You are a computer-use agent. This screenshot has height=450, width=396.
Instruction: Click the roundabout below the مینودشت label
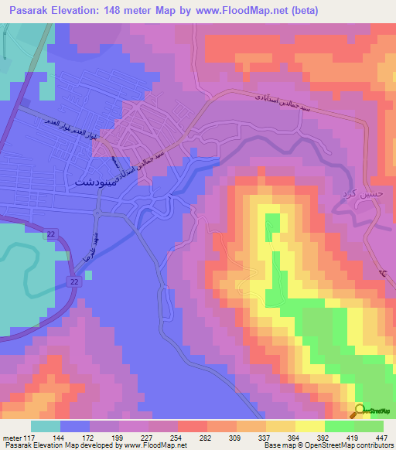98,210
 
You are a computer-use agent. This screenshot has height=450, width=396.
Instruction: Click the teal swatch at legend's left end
46,425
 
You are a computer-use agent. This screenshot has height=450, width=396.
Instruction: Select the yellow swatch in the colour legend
310,425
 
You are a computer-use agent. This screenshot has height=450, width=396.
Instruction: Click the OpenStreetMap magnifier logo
359,411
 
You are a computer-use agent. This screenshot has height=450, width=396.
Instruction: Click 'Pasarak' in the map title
26,10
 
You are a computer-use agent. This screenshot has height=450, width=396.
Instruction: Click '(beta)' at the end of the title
300,10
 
